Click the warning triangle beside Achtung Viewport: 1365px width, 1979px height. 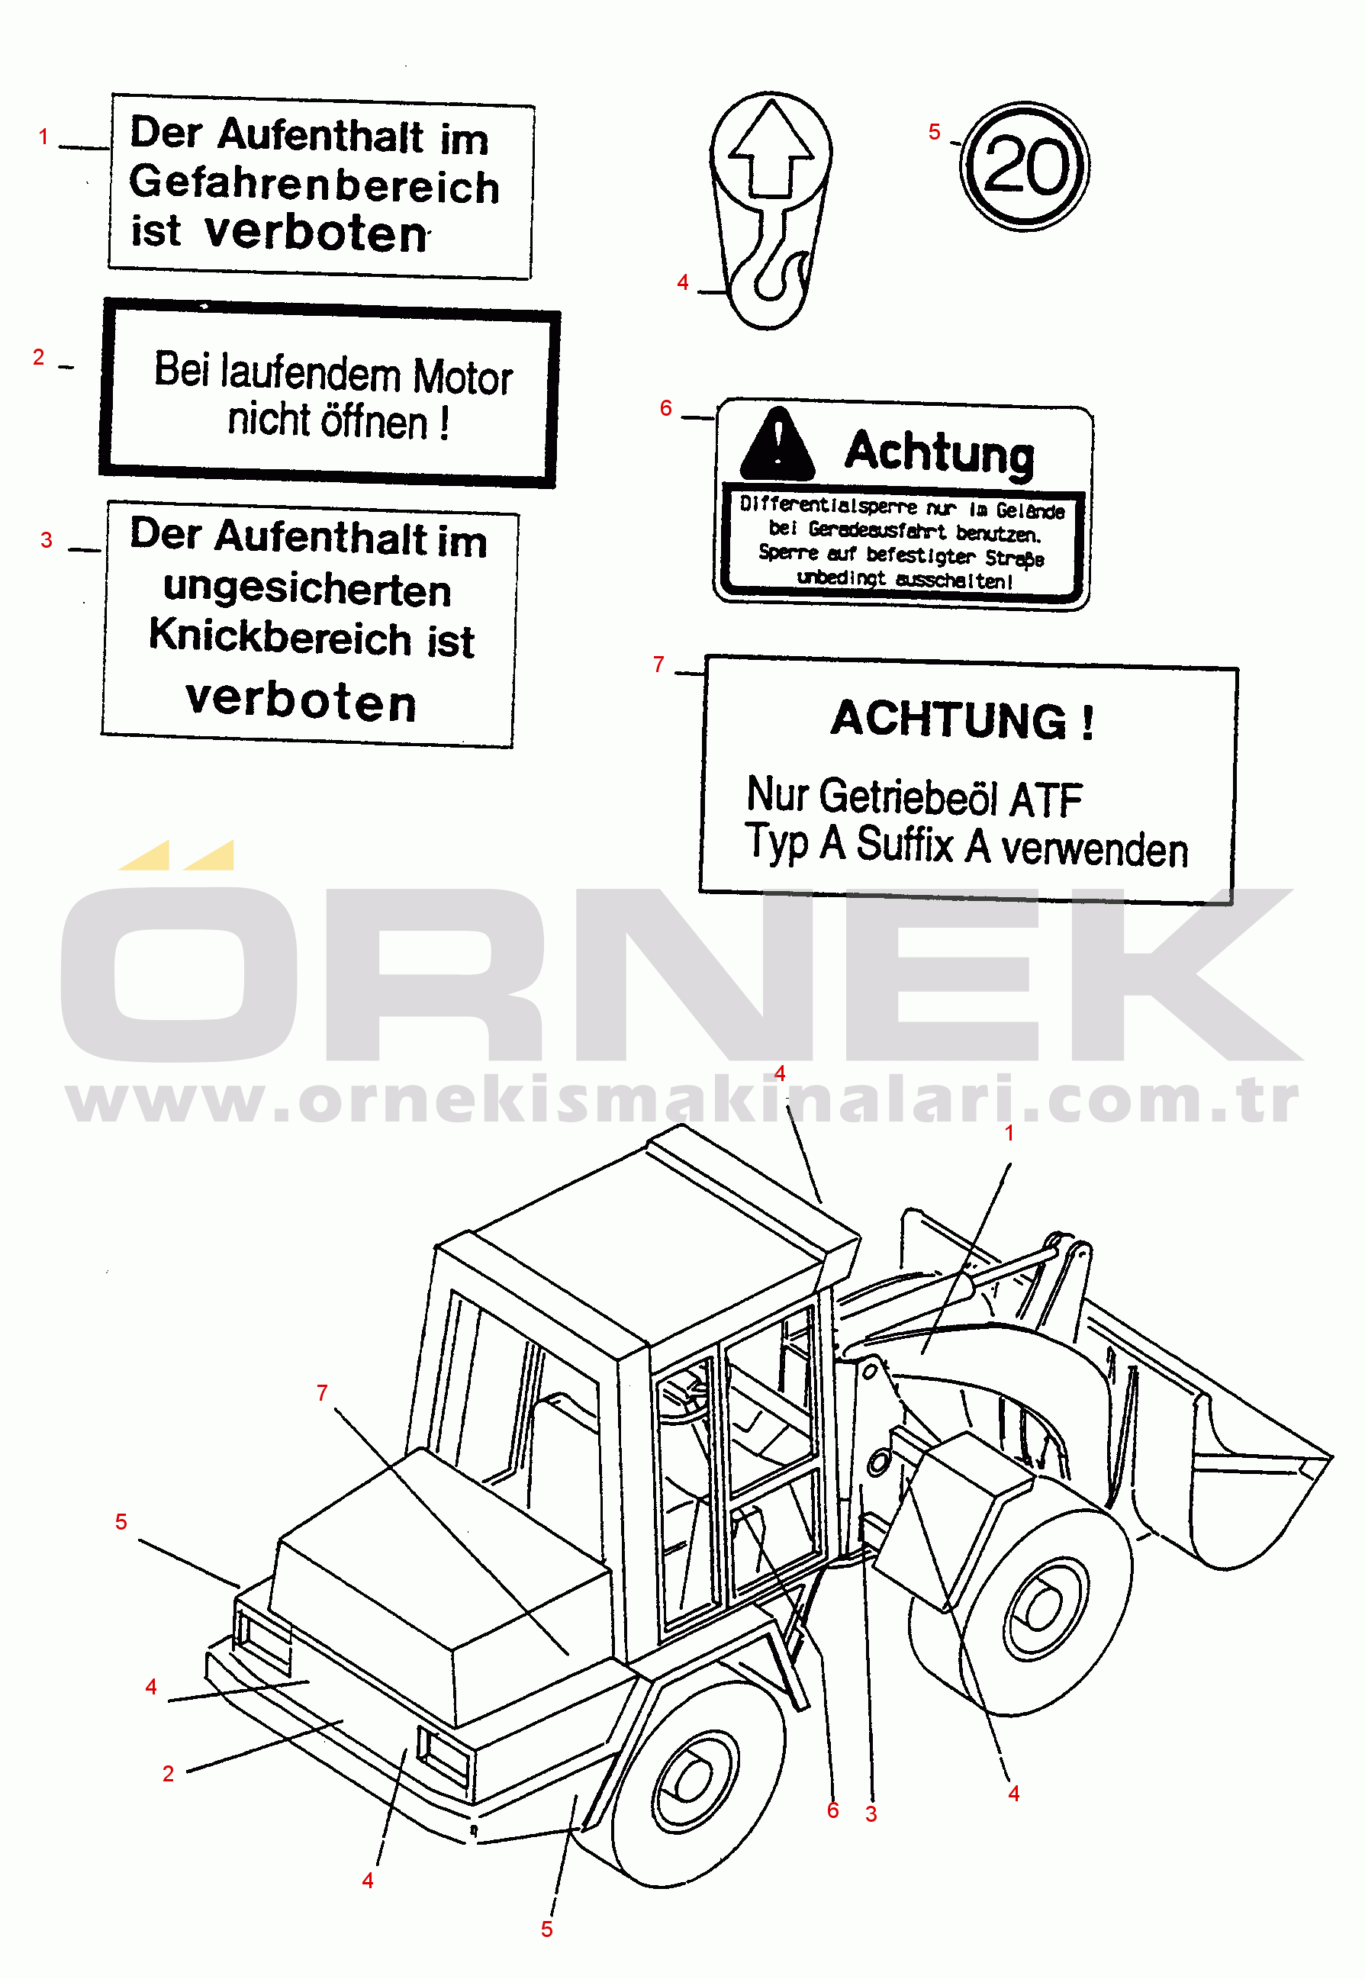click(x=777, y=445)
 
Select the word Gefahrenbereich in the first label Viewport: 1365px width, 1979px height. click(x=314, y=185)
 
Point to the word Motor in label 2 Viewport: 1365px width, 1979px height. click(x=462, y=377)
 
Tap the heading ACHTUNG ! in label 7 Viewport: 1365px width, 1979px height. click(x=962, y=719)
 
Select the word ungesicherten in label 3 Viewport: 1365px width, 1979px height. click(x=307, y=589)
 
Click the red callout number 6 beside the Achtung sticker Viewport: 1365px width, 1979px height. click(x=665, y=409)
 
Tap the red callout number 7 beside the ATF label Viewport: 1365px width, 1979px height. click(x=658, y=664)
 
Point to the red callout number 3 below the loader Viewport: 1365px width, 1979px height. click(x=871, y=1814)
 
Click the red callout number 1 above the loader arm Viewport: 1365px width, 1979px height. click(x=1009, y=1133)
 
